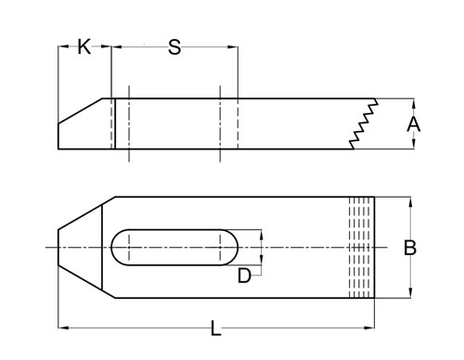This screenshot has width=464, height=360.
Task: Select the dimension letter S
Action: pyautogui.click(x=174, y=47)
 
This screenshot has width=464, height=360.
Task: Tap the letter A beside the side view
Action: pyautogui.click(x=415, y=123)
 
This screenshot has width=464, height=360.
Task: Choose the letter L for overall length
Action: pyautogui.click(x=215, y=327)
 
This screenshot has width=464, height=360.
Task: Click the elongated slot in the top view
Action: pyautogui.click(x=174, y=248)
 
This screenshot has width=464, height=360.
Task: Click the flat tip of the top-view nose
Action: pyautogui.click(x=59, y=248)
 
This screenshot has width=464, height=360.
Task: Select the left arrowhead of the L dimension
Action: pyautogui.click(x=62, y=326)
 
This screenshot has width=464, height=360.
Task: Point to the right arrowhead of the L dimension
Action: pyautogui.click(x=371, y=326)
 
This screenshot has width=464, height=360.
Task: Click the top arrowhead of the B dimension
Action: pyautogui.click(x=409, y=200)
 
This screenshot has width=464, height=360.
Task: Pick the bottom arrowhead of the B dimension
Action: pyautogui.click(x=409, y=294)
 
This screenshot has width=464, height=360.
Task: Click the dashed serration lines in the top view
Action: pyautogui.click(x=361, y=248)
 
